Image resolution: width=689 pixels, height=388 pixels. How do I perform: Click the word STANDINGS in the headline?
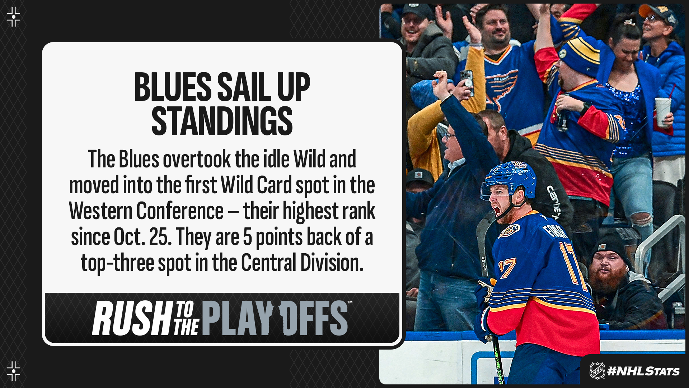tap(222, 121)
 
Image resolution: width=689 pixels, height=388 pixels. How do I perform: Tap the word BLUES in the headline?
tap(173, 87)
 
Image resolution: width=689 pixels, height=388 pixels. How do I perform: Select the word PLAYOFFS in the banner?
tap(275, 318)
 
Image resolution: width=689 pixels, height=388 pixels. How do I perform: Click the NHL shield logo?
tap(597, 371)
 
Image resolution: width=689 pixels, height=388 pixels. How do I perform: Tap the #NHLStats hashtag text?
tap(643, 371)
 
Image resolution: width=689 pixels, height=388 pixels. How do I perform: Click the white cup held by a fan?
tap(662, 111)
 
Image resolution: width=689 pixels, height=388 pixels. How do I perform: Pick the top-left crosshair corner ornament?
tap(14, 17)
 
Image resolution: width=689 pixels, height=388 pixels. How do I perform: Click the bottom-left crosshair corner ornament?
tap(14, 371)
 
